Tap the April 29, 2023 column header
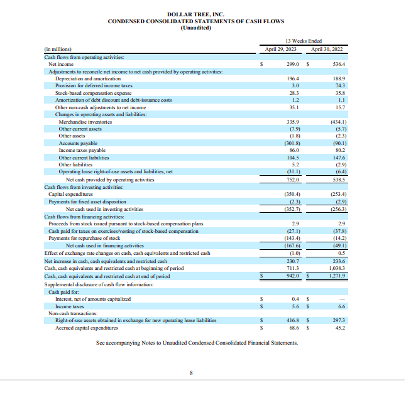click(280, 48)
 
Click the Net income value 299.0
click(292, 64)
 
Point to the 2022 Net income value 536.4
click(339, 64)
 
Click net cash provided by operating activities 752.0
click(292, 179)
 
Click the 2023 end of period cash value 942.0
click(292, 275)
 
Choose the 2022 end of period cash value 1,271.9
click(337, 275)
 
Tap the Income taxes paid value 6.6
click(341, 306)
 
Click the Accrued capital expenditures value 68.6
click(294, 327)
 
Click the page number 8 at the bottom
click(192, 373)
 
